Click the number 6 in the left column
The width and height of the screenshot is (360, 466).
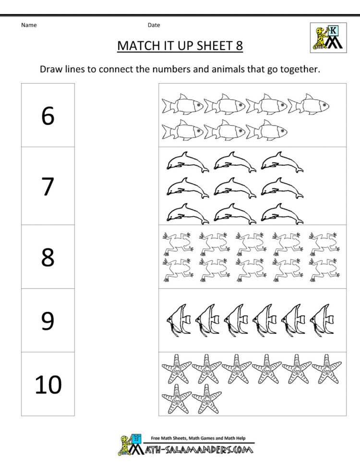[x=48, y=116]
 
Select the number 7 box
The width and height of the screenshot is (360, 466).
[x=48, y=186]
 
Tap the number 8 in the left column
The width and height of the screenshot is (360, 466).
[x=48, y=257]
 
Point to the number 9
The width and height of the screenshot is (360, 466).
[x=48, y=320]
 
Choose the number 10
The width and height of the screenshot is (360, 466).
[x=48, y=384]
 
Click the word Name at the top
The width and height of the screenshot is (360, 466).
[x=29, y=25]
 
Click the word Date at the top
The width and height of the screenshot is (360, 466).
[x=154, y=25]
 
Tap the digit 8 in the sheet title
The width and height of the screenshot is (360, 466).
[x=239, y=46]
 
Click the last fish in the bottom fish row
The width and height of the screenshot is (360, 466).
[x=266, y=130]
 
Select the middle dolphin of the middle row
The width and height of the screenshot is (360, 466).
[x=235, y=187]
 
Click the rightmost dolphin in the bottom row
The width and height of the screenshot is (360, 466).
[x=282, y=213]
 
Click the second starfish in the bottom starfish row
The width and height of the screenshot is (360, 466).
[x=207, y=398]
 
